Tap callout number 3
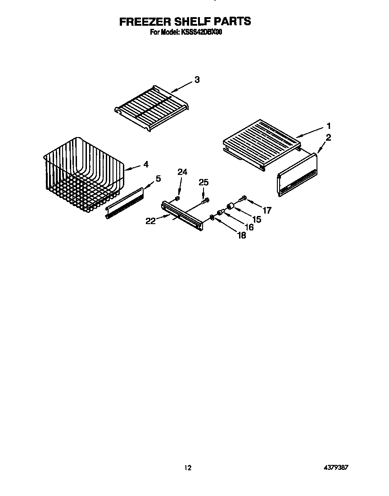pyautogui.click(x=197, y=80)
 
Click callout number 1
pyautogui.click(x=329, y=126)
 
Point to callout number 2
pyautogui.click(x=329, y=138)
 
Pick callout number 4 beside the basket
pyautogui.click(x=145, y=165)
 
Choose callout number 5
pyautogui.click(x=158, y=179)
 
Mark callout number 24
pyautogui.click(x=182, y=172)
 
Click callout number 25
pyautogui.click(x=204, y=182)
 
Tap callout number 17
pyautogui.click(x=267, y=210)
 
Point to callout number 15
pyautogui.click(x=256, y=219)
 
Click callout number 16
pyautogui.click(x=249, y=227)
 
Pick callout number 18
pyautogui.click(x=241, y=235)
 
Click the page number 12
pyautogui.click(x=188, y=468)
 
